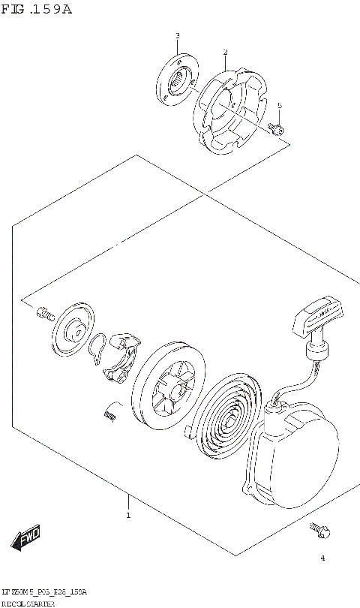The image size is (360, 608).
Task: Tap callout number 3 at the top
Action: tap(177, 35)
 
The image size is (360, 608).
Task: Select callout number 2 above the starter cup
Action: tap(224, 52)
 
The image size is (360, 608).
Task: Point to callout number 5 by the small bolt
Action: tap(279, 106)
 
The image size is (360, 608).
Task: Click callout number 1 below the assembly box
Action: tap(127, 515)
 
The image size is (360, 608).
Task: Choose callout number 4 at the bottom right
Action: tap(322, 558)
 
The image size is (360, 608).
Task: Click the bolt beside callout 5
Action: tap(277, 129)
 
